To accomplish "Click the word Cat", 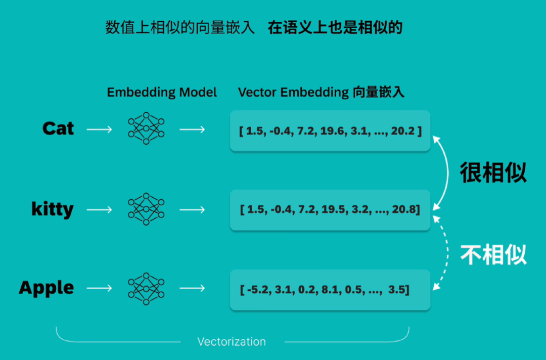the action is click(x=58, y=128).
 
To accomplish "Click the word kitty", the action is click(x=52, y=209).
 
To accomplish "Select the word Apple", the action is click(x=47, y=288).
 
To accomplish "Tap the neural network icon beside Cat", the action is click(x=146, y=128).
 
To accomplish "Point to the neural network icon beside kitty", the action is click(x=146, y=209).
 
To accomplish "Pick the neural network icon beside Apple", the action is click(x=146, y=289).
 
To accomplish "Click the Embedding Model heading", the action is click(x=162, y=93).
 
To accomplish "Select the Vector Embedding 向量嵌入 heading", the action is click(x=321, y=93).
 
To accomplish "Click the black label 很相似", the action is click(x=493, y=172).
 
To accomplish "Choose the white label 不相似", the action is click(x=493, y=255).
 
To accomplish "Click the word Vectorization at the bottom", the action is click(x=232, y=342).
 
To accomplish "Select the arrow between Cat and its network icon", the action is click(x=99, y=129).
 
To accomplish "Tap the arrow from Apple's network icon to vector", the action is click(x=192, y=288).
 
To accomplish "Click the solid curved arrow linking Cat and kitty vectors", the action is click(x=448, y=172).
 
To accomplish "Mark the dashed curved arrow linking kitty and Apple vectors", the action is click(x=447, y=253).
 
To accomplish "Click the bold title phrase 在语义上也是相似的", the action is click(x=335, y=27).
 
